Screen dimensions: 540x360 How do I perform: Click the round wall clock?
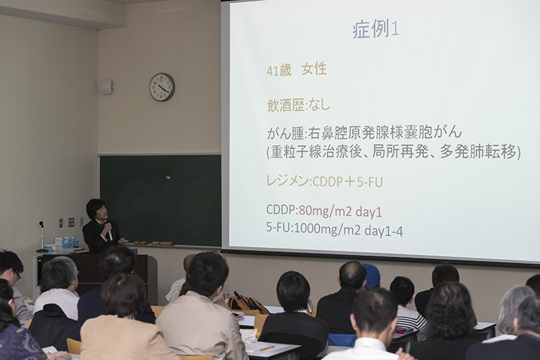(162, 87)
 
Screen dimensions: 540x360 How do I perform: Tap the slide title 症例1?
(376, 29)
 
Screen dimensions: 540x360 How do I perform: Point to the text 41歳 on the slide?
(279, 71)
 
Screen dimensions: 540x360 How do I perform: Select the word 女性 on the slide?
(314, 70)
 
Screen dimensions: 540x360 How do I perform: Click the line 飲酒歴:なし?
(298, 105)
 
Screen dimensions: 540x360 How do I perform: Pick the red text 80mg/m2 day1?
(340, 211)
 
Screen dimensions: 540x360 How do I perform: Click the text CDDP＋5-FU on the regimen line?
(347, 182)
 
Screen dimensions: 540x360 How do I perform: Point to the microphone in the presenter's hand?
(109, 230)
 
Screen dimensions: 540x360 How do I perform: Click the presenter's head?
(97, 209)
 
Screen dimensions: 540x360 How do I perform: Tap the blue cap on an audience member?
(372, 275)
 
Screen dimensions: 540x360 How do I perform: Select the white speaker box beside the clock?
(105, 87)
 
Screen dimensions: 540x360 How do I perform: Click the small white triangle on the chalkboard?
(167, 178)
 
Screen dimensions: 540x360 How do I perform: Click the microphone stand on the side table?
(42, 236)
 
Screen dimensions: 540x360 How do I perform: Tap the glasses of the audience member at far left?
(18, 275)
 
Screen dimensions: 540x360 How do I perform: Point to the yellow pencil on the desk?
(267, 349)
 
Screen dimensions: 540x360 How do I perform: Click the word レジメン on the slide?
(288, 180)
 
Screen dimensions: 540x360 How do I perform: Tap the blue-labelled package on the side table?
(64, 242)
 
